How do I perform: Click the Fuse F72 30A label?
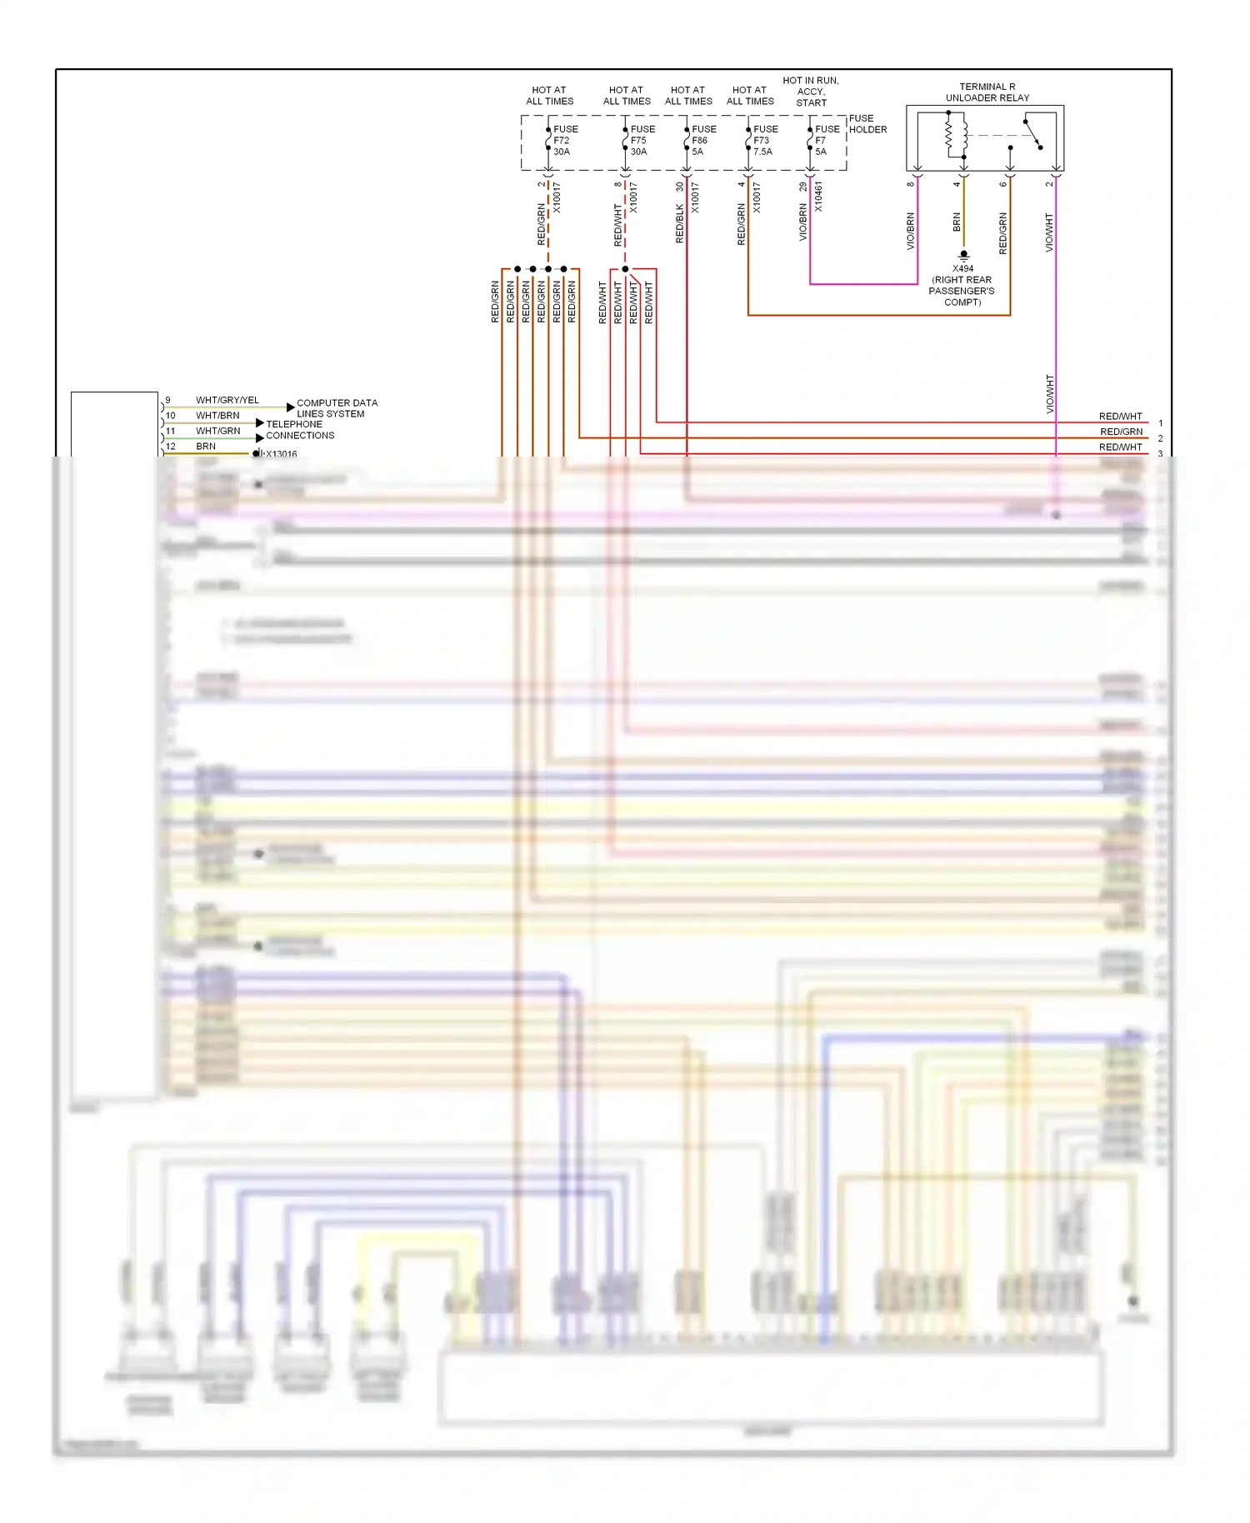point(565,140)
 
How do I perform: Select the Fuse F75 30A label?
point(642,140)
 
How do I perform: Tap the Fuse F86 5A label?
point(703,140)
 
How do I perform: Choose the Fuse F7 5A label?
point(827,140)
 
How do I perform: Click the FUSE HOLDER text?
point(867,124)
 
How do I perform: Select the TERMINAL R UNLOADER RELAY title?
point(987,92)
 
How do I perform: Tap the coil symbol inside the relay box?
point(955,136)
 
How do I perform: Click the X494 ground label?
point(962,269)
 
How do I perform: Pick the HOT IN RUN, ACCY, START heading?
point(811,92)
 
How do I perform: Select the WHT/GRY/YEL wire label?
point(227,400)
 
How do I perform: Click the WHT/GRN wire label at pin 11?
point(217,431)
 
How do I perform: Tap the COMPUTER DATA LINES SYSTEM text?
point(337,408)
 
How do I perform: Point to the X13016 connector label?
point(281,454)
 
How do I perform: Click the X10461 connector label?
point(818,197)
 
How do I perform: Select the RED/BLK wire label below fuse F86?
point(679,223)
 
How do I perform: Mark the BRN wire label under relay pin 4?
point(957,222)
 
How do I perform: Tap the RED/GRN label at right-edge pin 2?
point(1121,432)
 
